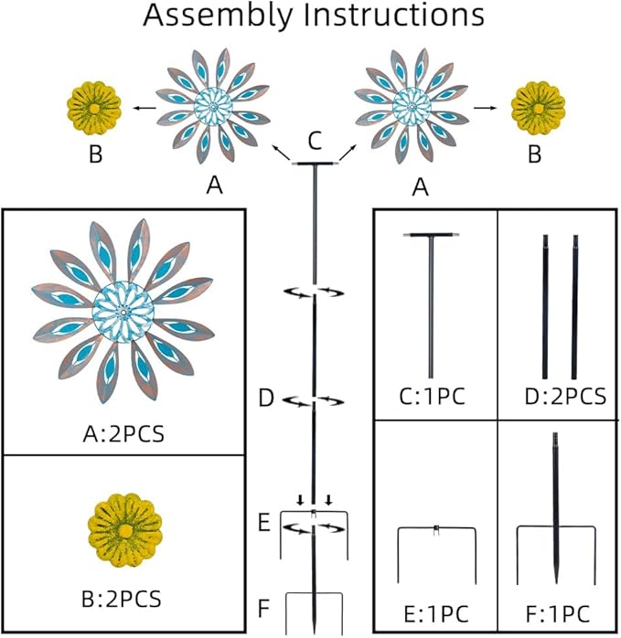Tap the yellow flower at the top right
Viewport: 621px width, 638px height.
click(x=537, y=107)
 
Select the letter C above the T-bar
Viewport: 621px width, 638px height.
click(x=315, y=141)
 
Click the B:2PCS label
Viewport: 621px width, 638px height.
click(x=123, y=599)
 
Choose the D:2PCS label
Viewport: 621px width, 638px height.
click(x=559, y=397)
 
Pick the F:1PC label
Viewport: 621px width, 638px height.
click(x=559, y=611)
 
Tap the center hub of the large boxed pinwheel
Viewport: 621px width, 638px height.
click(x=123, y=314)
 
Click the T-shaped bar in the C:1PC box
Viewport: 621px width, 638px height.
click(x=431, y=302)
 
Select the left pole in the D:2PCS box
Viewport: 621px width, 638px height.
click(x=545, y=306)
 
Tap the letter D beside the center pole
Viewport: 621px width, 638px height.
click(x=266, y=399)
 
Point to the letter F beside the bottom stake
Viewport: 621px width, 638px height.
click(x=264, y=606)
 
